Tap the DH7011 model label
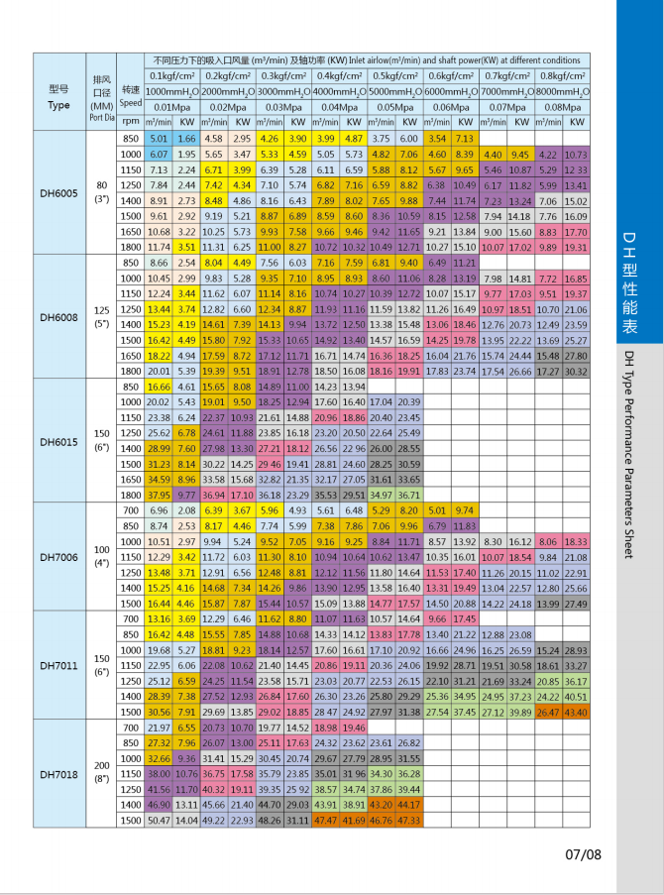pos(59,667)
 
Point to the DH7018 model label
pos(59,771)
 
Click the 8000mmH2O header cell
pos(562,90)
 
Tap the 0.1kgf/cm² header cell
pos(172,75)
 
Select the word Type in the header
pos(59,104)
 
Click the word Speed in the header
pos(131,102)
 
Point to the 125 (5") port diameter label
pos(101,317)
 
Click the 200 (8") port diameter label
pos(101,771)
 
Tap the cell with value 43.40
pos(576,713)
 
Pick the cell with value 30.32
pos(576,371)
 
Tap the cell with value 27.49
pos(576,603)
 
